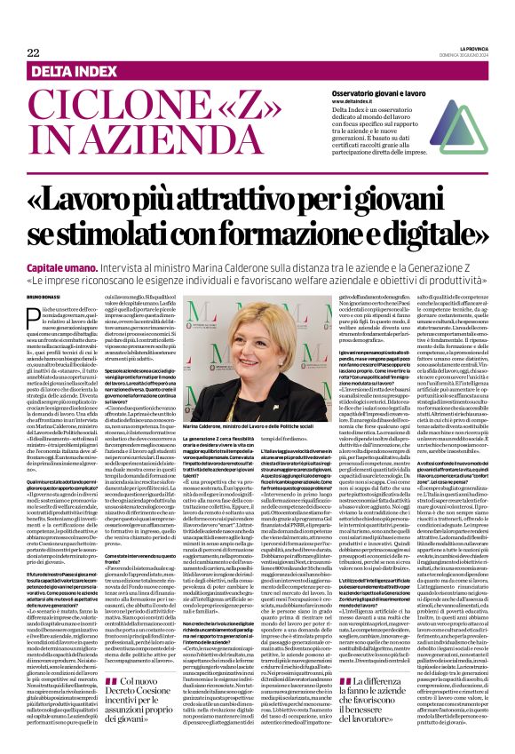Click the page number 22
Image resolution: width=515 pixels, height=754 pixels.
(35, 52)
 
